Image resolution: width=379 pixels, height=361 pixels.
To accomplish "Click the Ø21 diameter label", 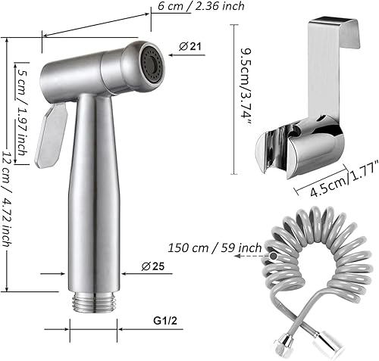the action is [190, 46].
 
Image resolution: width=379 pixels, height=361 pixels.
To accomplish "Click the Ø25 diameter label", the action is [153, 266].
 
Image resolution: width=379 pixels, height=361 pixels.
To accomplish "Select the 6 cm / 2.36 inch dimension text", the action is [201, 5].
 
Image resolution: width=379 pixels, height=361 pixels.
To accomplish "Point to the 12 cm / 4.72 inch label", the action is [8, 198].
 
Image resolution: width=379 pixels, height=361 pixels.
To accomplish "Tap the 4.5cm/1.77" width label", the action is [343, 179].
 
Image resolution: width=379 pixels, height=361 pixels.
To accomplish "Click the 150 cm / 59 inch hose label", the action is [215, 247].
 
